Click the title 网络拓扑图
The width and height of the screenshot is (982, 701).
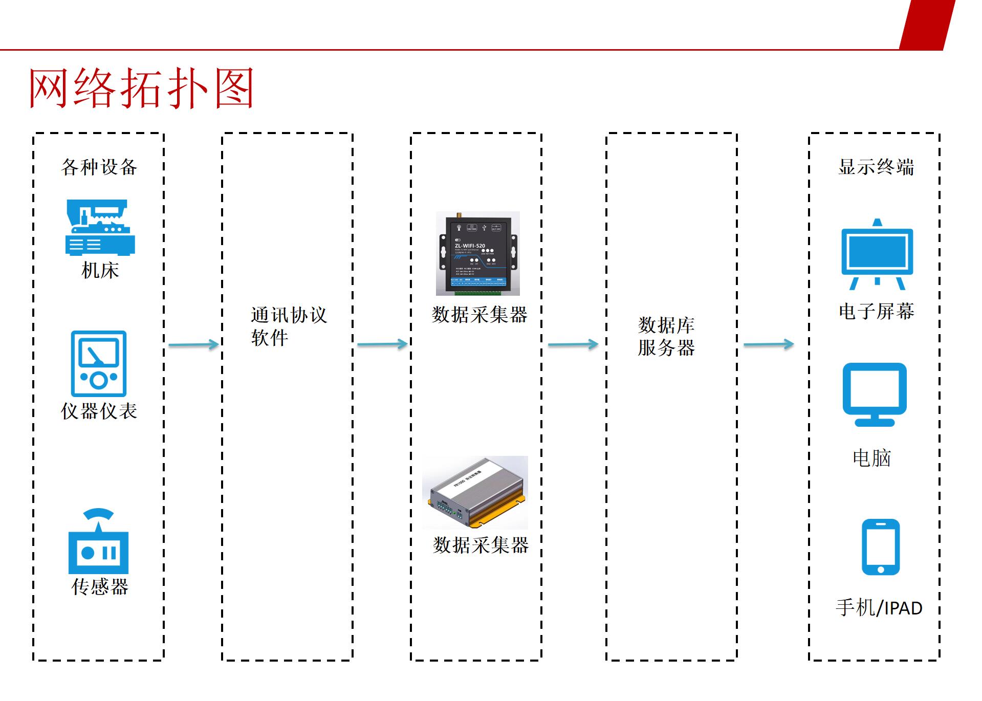coord(141,89)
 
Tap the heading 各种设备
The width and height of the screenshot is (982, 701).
coord(99,167)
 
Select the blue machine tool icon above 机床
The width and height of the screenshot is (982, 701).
coord(99,228)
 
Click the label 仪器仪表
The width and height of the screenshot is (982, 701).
coord(99,411)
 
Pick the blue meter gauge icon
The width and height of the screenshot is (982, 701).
coord(99,364)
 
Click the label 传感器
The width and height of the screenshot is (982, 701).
coord(99,587)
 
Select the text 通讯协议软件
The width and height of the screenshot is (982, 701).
coord(288,326)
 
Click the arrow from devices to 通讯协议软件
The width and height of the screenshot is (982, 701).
coord(193,345)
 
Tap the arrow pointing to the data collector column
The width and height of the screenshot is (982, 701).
coord(382,345)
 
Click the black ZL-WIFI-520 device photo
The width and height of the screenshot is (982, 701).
coord(477,253)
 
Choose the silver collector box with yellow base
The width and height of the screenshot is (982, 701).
coord(475,493)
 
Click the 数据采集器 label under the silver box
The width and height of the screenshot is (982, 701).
coord(481,545)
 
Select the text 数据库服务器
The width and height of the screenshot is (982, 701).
coord(666,336)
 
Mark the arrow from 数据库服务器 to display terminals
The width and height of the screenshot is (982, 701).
coord(768,345)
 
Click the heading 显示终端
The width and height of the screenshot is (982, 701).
coord(876,167)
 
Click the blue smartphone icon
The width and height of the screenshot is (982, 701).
coord(880,547)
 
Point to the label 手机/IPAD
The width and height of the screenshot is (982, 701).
coord(879,608)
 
